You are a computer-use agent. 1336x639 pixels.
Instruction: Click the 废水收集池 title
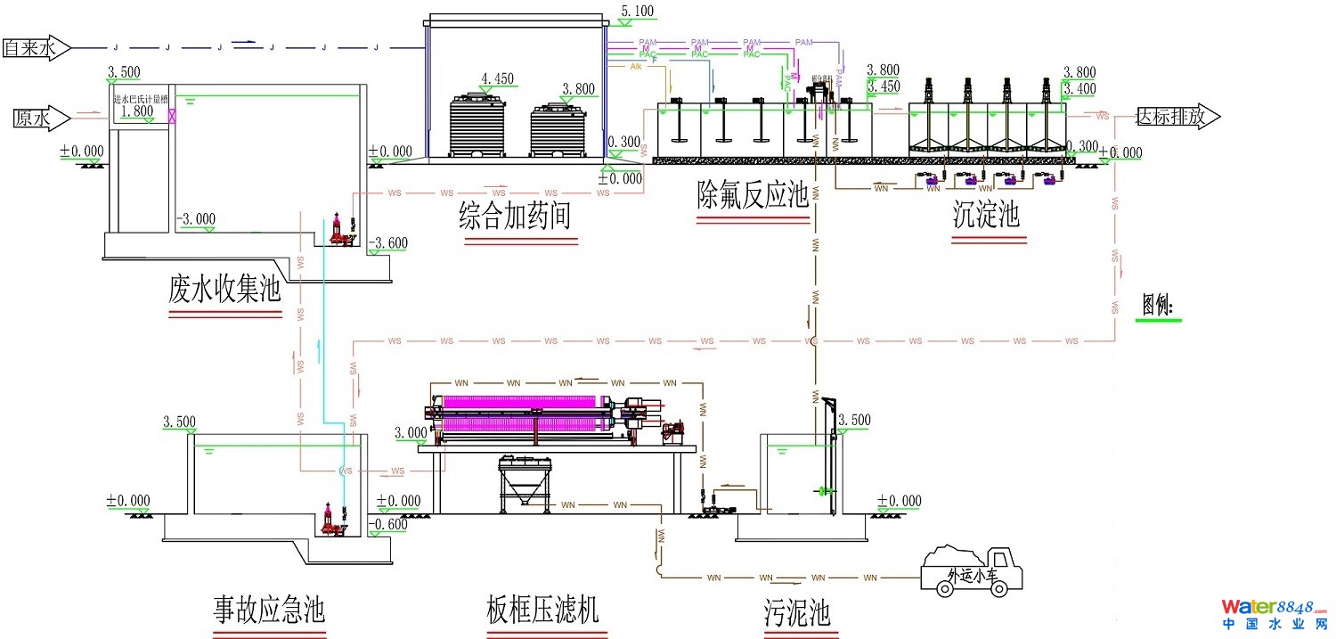[x=224, y=290]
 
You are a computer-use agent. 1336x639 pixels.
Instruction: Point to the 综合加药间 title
[x=515, y=216]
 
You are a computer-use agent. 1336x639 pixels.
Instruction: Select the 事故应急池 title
[x=269, y=610]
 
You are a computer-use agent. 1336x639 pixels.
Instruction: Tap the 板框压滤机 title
[x=542, y=610]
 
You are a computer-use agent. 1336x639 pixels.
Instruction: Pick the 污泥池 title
[x=796, y=613]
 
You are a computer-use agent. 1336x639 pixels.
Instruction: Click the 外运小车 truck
[x=972, y=569]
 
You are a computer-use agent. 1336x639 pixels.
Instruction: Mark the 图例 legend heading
[x=1157, y=306]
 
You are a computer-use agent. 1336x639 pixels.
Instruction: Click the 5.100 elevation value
[x=637, y=12]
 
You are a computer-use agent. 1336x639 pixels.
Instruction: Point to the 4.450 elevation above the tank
[x=497, y=78]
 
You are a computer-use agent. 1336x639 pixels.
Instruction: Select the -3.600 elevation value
[x=389, y=242]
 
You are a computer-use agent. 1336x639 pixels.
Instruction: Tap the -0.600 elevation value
[x=389, y=524]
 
